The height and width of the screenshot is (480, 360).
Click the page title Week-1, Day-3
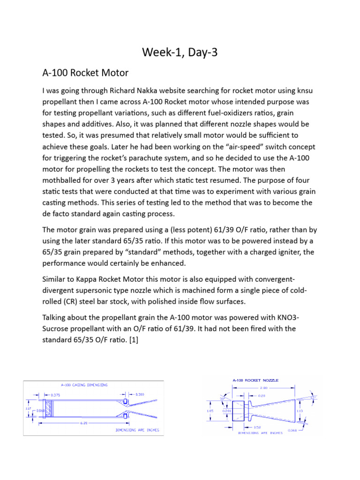(180, 53)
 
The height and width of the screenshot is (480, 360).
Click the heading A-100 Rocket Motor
(85, 73)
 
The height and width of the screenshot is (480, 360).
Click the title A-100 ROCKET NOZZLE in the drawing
(255, 380)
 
